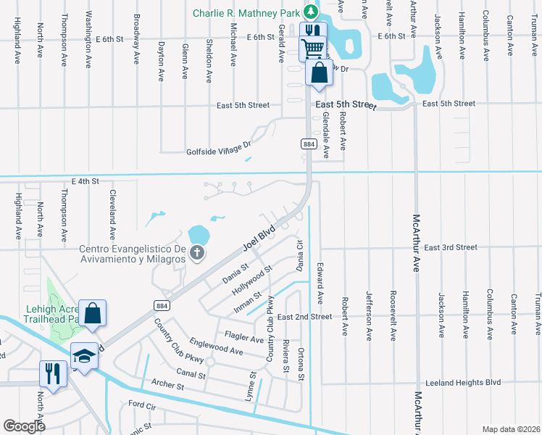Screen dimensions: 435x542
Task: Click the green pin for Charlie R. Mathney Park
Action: (x=311, y=12)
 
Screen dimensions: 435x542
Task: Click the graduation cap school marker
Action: (x=85, y=355)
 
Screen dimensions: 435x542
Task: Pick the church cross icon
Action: (x=196, y=253)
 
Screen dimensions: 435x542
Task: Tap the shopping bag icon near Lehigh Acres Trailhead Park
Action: (x=93, y=314)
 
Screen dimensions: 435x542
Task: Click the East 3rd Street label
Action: (x=451, y=247)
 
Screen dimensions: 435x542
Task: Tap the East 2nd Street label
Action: (x=304, y=317)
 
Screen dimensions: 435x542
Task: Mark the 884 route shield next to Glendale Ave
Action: (x=307, y=144)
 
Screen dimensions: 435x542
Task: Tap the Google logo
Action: (x=24, y=426)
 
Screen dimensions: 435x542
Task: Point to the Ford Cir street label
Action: (x=142, y=404)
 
